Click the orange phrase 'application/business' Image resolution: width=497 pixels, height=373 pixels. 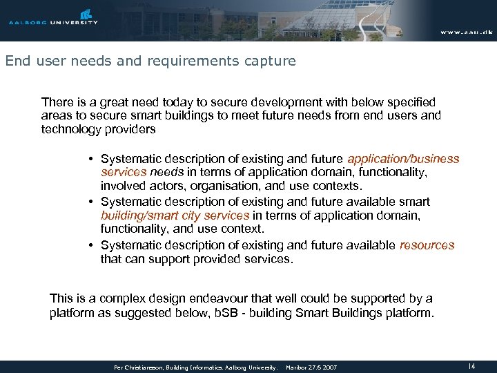[x=403, y=160]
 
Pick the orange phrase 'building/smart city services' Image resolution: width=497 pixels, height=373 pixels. [x=175, y=215]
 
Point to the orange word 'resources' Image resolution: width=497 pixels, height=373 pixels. [x=427, y=245]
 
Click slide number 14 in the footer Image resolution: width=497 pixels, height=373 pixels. [x=471, y=366]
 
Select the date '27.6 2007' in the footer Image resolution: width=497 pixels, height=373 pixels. [x=322, y=367]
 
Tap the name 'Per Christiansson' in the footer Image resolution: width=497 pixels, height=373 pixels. [x=139, y=367]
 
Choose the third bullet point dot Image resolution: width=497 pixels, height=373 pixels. [x=91, y=246]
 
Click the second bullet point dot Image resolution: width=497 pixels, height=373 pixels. [x=91, y=202]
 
